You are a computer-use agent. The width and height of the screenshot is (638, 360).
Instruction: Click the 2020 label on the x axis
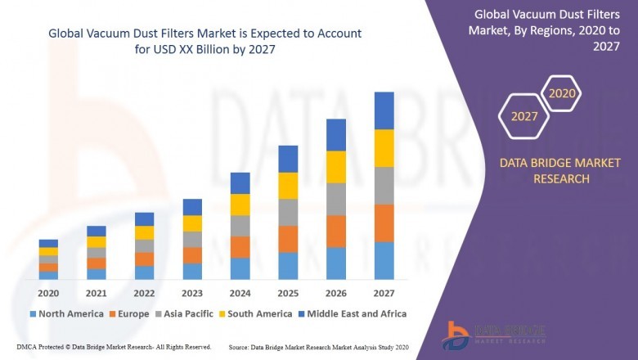(48, 293)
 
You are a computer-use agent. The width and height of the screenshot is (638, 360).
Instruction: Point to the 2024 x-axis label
(240, 293)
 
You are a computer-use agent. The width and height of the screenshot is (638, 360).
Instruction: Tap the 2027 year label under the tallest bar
(384, 293)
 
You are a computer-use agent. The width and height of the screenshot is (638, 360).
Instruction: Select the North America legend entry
(66, 313)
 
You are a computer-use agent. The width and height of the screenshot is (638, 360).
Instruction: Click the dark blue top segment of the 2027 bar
(384, 110)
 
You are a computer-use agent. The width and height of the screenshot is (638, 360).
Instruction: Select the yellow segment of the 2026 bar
(336, 167)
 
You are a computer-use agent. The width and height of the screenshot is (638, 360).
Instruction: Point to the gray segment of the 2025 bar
(288, 212)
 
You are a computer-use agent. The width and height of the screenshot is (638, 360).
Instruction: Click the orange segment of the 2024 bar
(240, 247)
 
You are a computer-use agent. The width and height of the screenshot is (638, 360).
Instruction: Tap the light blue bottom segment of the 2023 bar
(192, 271)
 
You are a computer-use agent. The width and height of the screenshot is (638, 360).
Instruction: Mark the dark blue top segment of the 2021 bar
(97, 231)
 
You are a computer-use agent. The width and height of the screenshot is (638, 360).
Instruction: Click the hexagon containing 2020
(562, 93)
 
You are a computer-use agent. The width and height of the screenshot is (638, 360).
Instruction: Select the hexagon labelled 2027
(524, 116)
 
